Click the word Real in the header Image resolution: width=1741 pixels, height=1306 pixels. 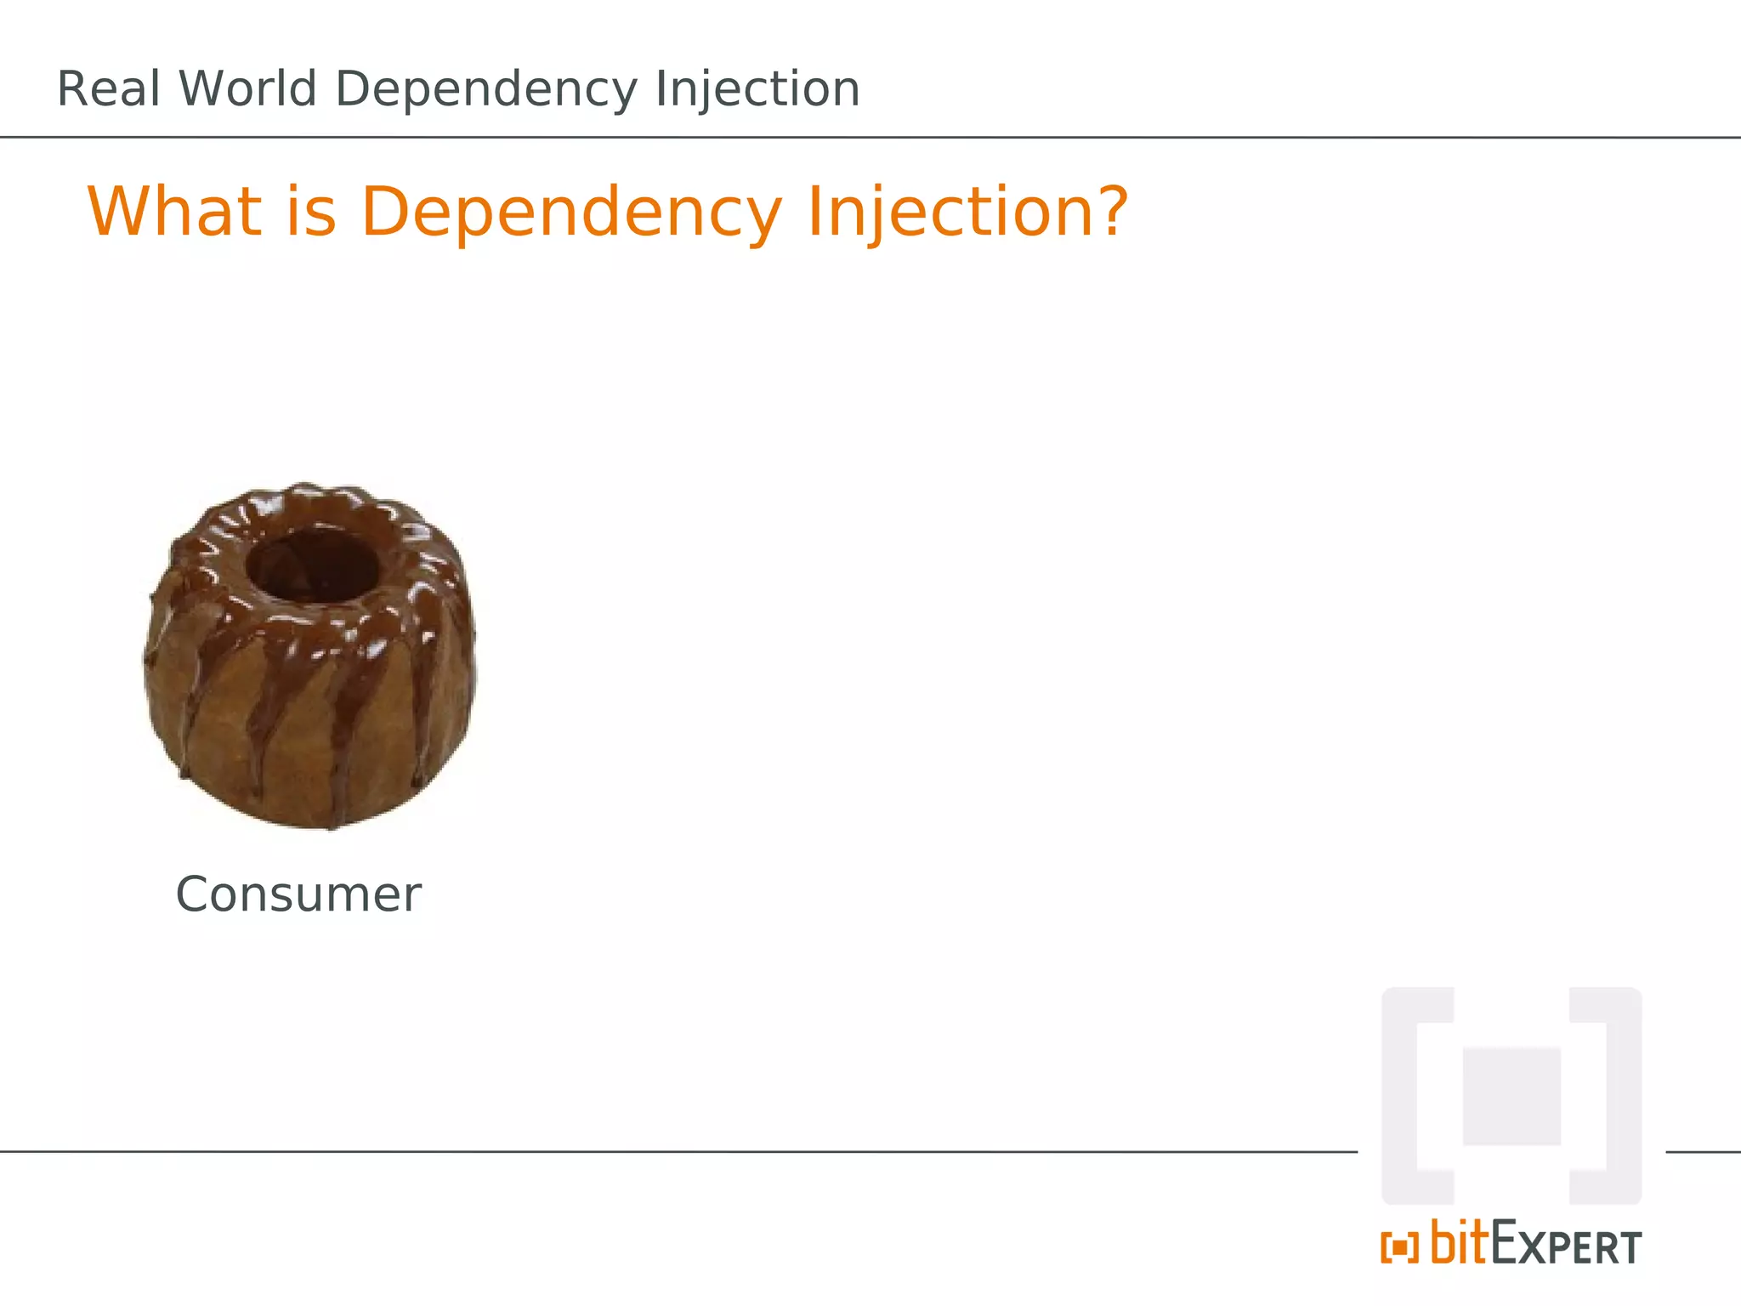(108, 89)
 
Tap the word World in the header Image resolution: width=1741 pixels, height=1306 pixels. (247, 89)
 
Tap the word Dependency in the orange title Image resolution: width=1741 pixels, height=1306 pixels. (570, 213)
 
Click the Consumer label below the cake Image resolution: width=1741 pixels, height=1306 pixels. (298, 894)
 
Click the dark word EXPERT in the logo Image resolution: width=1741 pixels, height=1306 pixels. (1567, 1245)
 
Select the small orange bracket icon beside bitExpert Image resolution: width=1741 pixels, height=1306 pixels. (1399, 1247)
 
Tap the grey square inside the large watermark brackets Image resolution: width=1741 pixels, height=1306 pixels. (1511, 1097)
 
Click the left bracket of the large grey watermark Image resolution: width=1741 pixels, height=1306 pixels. (1403, 1096)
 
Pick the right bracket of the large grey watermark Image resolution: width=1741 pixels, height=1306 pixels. (1620, 1096)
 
